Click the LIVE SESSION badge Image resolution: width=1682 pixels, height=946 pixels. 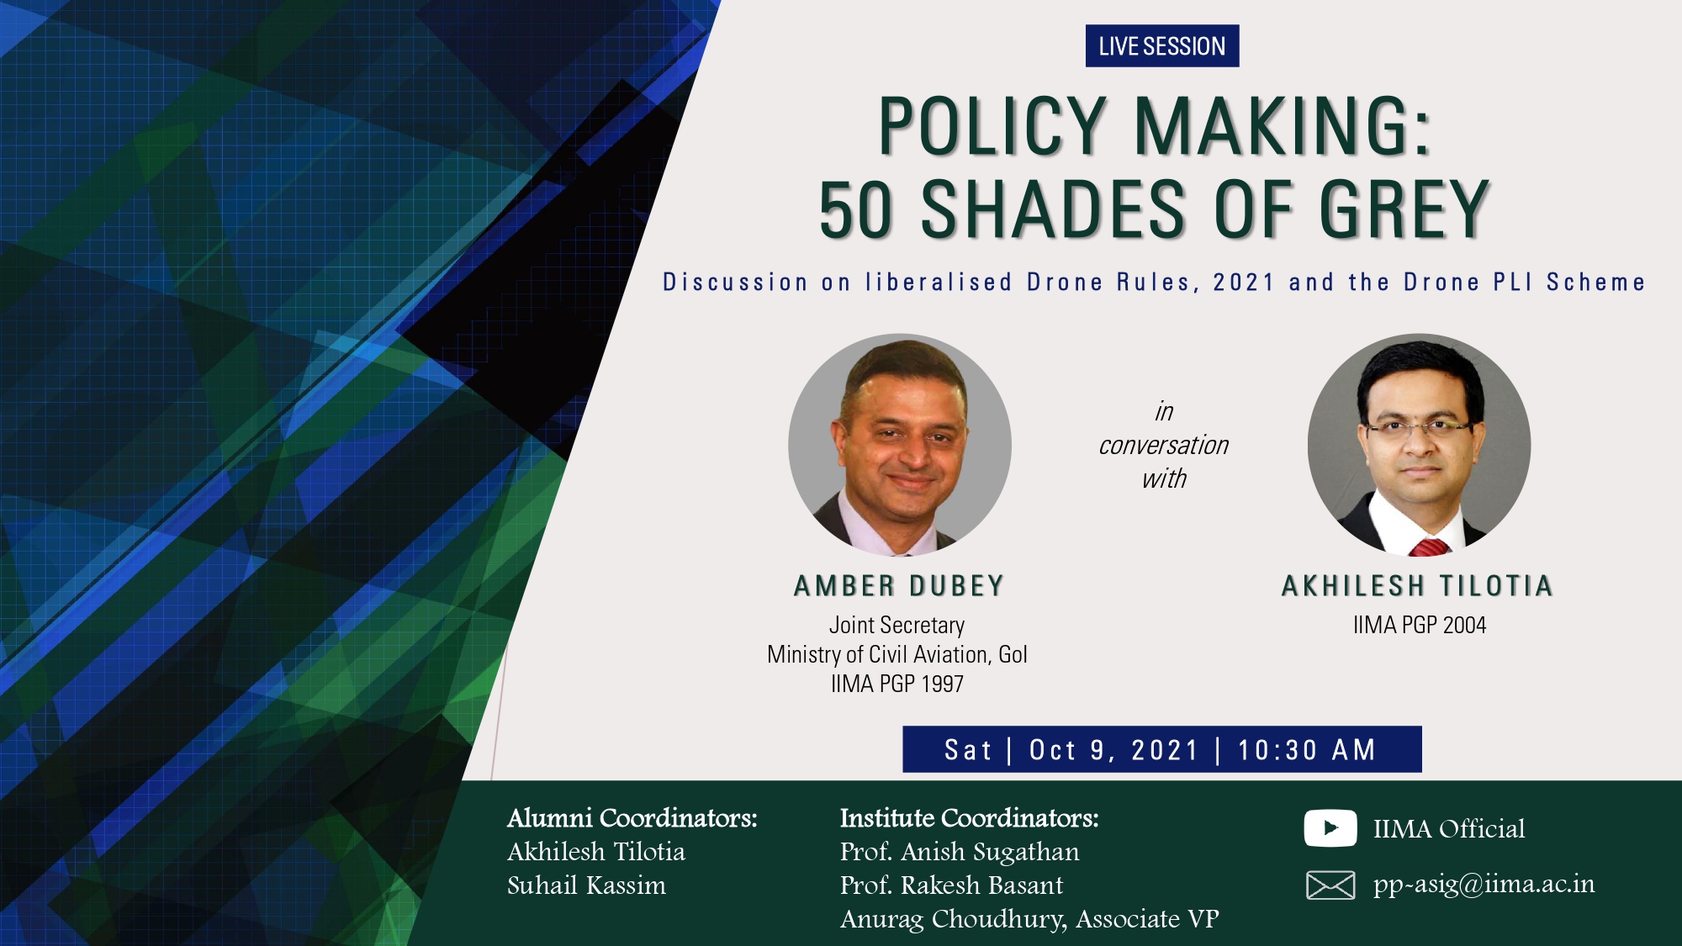[x=1161, y=45]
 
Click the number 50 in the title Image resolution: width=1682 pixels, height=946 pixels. [x=855, y=209]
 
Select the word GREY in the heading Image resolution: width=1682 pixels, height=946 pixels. [x=1404, y=209]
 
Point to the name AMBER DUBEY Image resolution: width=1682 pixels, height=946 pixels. [x=899, y=585]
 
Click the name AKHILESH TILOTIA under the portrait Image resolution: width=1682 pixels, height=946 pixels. [x=1417, y=585]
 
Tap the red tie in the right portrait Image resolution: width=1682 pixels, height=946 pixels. [x=1429, y=547]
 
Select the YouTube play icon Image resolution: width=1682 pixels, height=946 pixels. [x=1330, y=827]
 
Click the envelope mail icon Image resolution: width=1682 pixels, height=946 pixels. [x=1330, y=885]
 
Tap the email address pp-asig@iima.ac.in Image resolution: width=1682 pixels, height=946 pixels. [x=1484, y=885]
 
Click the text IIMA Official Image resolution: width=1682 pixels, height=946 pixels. [x=1448, y=828]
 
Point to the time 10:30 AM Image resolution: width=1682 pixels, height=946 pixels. [x=1306, y=749]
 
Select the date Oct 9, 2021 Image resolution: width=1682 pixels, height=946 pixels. [x=1113, y=749]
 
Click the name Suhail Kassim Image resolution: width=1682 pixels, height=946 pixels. [x=586, y=885]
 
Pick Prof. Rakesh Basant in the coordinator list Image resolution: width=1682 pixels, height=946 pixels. [x=951, y=885]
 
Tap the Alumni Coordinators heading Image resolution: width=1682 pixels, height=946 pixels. [x=632, y=817]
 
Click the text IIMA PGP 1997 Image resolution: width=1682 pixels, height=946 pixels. [x=897, y=684]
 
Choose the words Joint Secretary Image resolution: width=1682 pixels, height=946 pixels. [x=897, y=625]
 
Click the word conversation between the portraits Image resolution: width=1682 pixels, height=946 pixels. [x=1163, y=445]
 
